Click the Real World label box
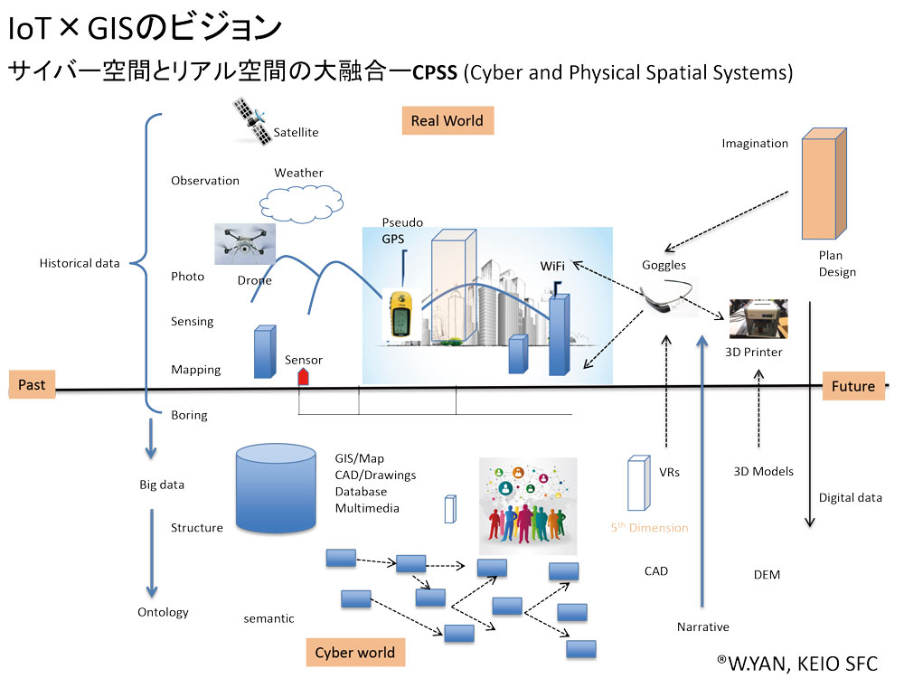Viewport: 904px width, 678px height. [447, 120]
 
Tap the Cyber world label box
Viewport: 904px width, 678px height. [354, 653]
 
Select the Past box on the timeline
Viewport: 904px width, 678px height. [32, 385]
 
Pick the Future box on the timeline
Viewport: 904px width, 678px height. [853, 386]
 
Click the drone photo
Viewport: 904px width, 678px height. [244, 244]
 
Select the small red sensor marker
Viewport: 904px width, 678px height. [304, 376]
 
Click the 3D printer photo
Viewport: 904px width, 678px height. [758, 319]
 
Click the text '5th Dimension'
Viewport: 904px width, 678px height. [648, 528]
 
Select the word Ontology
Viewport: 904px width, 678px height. [163, 612]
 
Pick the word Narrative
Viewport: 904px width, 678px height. [702, 626]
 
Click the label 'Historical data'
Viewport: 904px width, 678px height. [80, 263]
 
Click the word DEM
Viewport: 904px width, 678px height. [767, 574]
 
